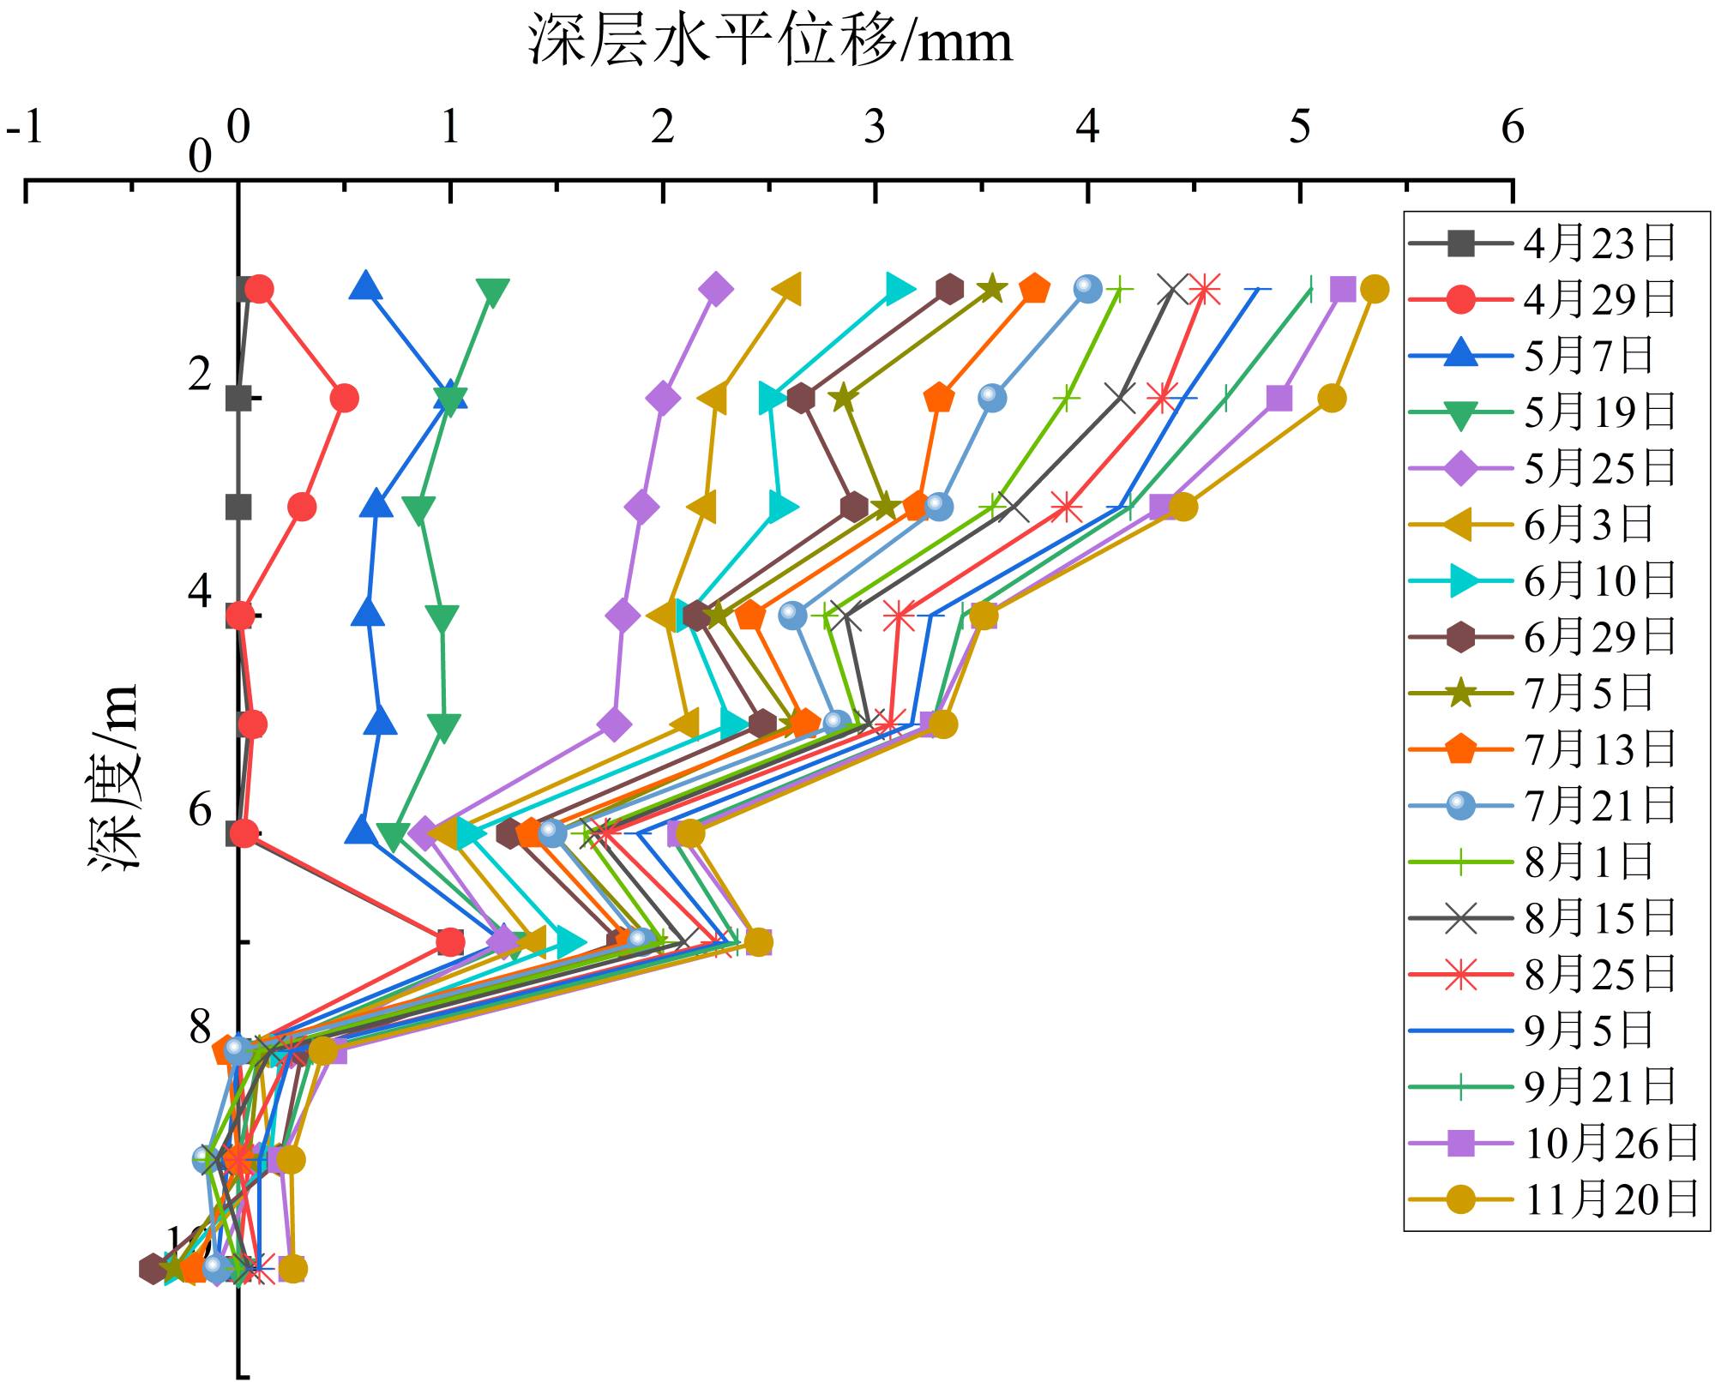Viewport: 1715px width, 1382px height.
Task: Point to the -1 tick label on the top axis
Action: coord(25,128)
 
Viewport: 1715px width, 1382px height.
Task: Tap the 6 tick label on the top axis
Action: coord(1513,128)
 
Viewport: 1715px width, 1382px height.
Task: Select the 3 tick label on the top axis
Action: coord(875,128)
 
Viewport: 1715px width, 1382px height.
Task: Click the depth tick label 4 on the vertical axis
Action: coord(200,592)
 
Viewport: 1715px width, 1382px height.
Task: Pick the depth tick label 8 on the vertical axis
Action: coord(200,1026)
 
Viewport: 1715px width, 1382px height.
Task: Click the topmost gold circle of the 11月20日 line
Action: coord(1374,290)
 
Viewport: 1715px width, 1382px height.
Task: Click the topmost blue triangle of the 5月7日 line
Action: coord(365,286)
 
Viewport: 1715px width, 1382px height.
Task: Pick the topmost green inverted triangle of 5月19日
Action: coord(493,292)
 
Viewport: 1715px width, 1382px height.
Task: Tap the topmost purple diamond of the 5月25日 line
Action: coord(716,290)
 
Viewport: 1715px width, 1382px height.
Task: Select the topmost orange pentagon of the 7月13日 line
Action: coord(1035,290)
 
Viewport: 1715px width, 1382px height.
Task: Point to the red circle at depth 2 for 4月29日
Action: coord(344,399)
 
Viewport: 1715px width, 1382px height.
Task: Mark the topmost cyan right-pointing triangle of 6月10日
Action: coord(900,290)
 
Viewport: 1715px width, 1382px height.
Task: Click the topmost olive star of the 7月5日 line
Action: coord(991,290)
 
